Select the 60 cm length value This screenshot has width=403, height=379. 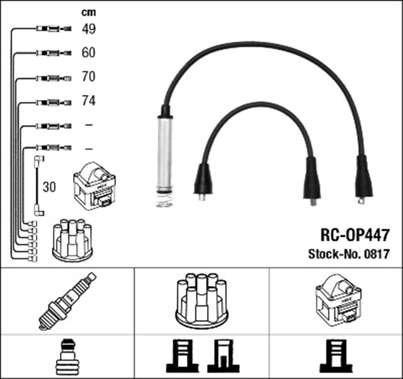point(88,53)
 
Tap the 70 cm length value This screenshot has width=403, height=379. point(88,77)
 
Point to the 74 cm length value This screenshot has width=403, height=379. point(88,101)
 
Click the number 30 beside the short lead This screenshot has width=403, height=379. point(50,187)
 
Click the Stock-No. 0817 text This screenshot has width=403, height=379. point(348,255)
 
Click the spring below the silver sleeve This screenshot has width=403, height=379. point(163,199)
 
